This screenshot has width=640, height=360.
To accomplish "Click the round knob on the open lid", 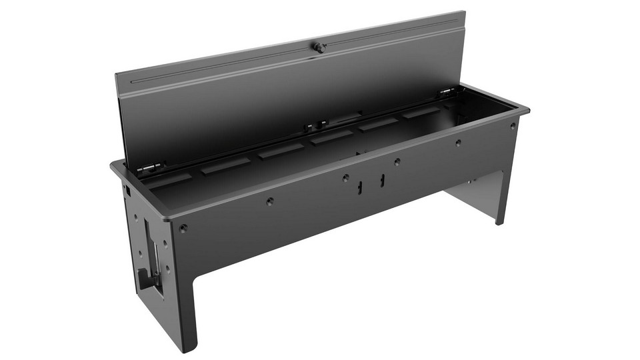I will coord(319,47).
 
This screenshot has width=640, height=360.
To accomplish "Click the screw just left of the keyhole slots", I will coord(345,178).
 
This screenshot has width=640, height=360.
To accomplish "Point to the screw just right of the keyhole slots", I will coord(397,161).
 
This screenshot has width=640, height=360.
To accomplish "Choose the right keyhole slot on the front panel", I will coord(383,180).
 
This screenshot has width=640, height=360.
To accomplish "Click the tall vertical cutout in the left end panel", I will coord(149,250).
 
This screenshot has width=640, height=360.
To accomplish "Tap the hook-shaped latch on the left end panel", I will coord(143,277).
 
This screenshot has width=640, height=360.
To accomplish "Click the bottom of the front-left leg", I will coord(188,349).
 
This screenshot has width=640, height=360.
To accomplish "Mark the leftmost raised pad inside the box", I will coord(175,178).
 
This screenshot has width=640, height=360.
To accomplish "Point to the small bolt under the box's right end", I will coord(471,179).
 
